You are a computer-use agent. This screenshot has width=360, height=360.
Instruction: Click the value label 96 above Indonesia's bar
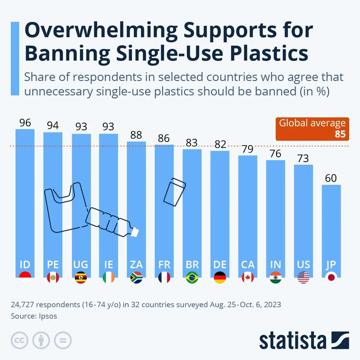pyautogui.click(x=25, y=123)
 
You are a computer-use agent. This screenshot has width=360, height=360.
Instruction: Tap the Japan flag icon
pyautogui.click(x=331, y=277)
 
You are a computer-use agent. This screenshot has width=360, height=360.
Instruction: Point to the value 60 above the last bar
pyautogui.click(x=331, y=178)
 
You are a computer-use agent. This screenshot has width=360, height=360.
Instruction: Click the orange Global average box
pyautogui.click(x=312, y=129)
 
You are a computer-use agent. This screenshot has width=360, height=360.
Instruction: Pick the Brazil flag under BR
pyautogui.click(x=192, y=277)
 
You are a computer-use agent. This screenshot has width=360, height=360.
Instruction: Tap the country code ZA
pyautogui.click(x=136, y=265)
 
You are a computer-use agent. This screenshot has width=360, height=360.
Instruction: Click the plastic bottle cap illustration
pyautogui.click(x=135, y=232)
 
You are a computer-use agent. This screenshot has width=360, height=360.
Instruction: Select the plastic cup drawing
pyautogui.click(x=174, y=192)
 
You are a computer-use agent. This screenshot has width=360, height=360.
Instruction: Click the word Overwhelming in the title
pyautogui.click(x=101, y=30)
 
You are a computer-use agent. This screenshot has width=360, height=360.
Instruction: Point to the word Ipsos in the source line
pyautogui.click(x=48, y=316)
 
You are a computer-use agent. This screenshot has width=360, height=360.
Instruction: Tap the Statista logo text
pyautogui.click(x=292, y=341)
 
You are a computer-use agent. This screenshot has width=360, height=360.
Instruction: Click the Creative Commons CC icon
pyautogui.click(x=19, y=340)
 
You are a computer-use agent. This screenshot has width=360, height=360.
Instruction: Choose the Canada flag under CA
pyautogui.click(x=248, y=277)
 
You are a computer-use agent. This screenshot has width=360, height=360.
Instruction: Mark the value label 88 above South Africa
pyautogui.click(x=136, y=135)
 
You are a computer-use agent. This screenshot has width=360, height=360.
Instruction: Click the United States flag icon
pyautogui.click(x=303, y=277)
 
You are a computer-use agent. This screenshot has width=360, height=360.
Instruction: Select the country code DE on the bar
pyautogui.click(x=220, y=265)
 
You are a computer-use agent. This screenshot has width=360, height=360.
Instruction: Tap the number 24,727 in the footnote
pyautogui.click(x=22, y=304)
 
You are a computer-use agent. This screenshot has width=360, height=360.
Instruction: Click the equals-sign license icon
pyautogui.click(x=63, y=340)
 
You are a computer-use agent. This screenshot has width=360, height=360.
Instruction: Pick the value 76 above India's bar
pyautogui.click(x=275, y=154)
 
